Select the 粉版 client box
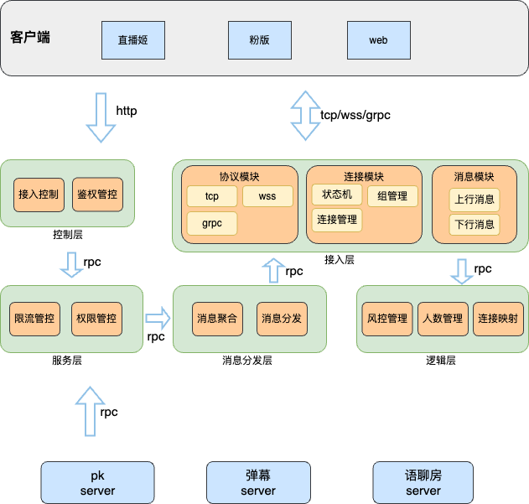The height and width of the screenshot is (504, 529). [x=260, y=39]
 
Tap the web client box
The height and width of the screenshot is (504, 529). [x=379, y=39]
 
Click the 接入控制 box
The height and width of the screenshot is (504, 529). [x=38, y=194]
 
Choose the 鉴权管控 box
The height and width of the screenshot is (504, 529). [x=97, y=194]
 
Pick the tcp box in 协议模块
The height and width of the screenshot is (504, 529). [x=211, y=197]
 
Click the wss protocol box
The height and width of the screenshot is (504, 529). [x=267, y=197]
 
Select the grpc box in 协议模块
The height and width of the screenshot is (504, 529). [x=211, y=224]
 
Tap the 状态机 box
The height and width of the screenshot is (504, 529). [x=337, y=195]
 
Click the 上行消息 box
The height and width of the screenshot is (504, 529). [x=475, y=200]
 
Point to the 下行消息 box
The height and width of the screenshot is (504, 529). [x=475, y=225]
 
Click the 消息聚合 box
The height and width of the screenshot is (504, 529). [x=217, y=319]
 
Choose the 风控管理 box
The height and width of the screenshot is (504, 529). [x=387, y=319]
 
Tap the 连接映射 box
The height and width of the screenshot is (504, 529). [x=498, y=319]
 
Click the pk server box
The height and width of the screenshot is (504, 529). [x=97, y=482]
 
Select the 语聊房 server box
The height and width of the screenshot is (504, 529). [x=423, y=482]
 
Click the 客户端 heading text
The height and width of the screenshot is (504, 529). [x=30, y=37]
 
